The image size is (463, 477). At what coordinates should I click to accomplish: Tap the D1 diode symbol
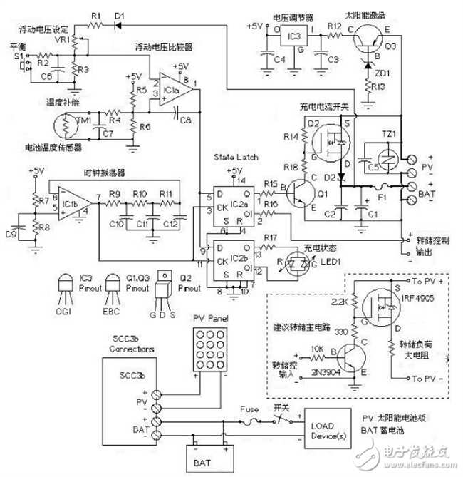tap(118, 26)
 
